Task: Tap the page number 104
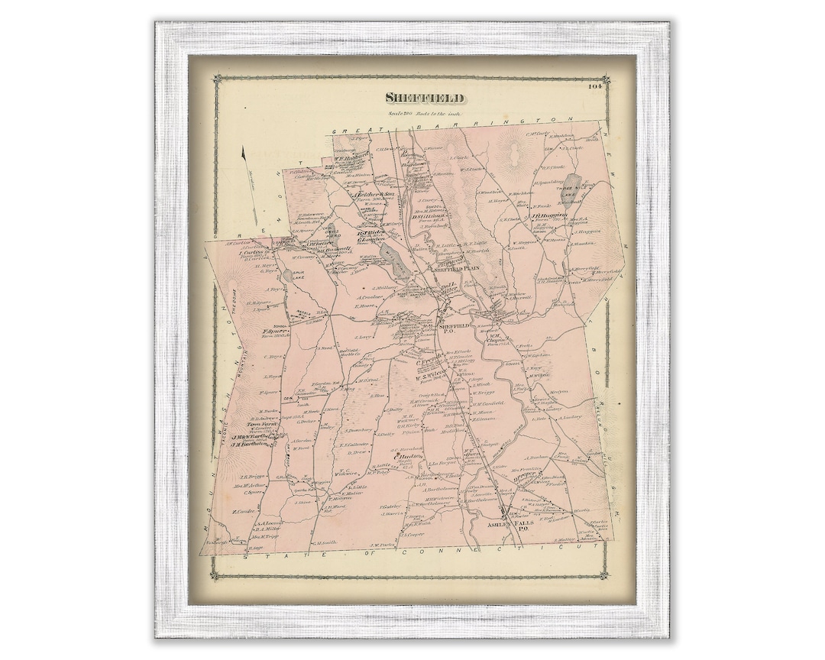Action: (x=595, y=86)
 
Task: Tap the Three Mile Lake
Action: (x=571, y=187)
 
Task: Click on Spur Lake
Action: (x=287, y=274)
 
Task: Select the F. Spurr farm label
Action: (x=274, y=331)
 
